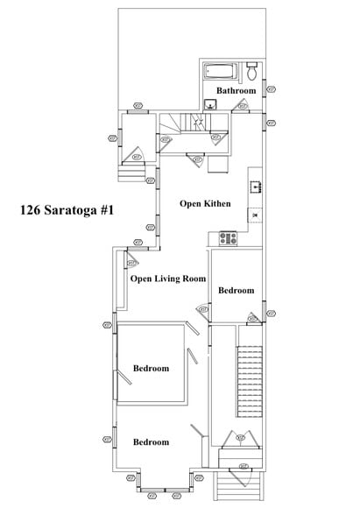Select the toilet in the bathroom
tap(251, 68)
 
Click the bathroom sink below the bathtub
tap(210, 104)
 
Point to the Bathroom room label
tap(236, 90)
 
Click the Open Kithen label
tap(205, 203)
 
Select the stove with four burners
tap(229, 236)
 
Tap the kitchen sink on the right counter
tap(255, 185)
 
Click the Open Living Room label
tap(167, 279)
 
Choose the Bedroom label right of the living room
tap(236, 290)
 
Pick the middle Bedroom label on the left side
tap(151, 369)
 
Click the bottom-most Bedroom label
tap(151, 442)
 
